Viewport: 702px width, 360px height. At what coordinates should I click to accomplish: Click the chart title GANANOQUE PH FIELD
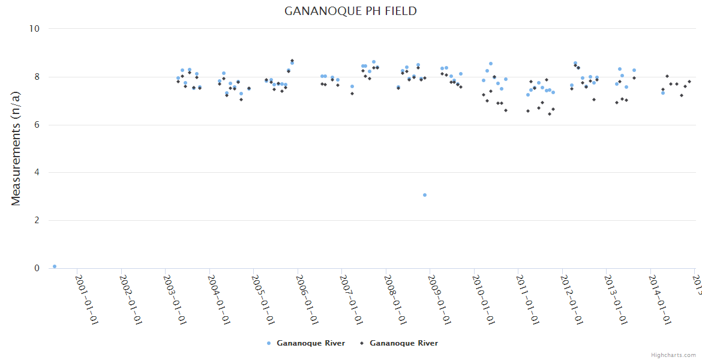pyautogui.click(x=350, y=11)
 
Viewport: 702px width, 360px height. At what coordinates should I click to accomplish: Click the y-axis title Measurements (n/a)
pyautogui.click(x=16, y=148)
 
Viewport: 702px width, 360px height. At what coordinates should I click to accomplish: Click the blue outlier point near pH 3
pyautogui.click(x=425, y=195)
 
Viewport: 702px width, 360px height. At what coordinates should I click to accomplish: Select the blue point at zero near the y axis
pyautogui.click(x=55, y=266)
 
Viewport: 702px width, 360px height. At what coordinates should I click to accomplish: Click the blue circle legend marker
pyautogui.click(x=269, y=343)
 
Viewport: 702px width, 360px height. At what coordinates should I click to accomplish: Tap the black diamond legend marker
pyautogui.click(x=362, y=343)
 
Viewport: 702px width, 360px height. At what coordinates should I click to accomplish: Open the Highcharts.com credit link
pyautogui.click(x=673, y=355)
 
